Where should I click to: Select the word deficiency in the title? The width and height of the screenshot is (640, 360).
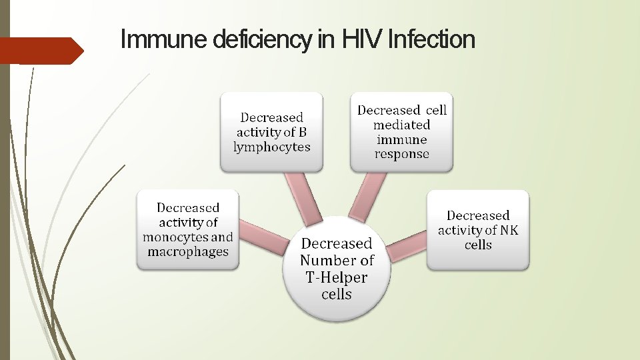tap(263, 40)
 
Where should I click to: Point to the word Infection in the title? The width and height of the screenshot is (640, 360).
tap(431, 40)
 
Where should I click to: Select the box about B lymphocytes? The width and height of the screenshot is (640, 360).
tap(271, 132)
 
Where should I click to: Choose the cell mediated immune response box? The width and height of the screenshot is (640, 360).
tap(402, 132)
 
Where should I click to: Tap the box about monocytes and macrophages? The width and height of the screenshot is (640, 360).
tap(187, 229)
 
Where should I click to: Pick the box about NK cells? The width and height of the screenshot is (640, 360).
tap(477, 229)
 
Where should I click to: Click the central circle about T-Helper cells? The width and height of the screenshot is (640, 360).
tap(336, 269)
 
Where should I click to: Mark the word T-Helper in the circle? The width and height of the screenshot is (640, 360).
tap(337, 277)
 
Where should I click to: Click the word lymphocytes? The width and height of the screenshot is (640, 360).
tap(271, 147)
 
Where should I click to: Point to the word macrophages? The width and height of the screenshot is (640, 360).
tap(187, 252)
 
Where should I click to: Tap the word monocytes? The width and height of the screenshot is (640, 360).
tap(175, 237)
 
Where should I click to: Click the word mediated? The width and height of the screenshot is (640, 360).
tap(402, 125)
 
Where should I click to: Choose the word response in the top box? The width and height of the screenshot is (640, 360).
tap(402, 154)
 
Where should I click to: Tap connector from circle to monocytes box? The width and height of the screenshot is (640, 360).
tap(262, 238)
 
